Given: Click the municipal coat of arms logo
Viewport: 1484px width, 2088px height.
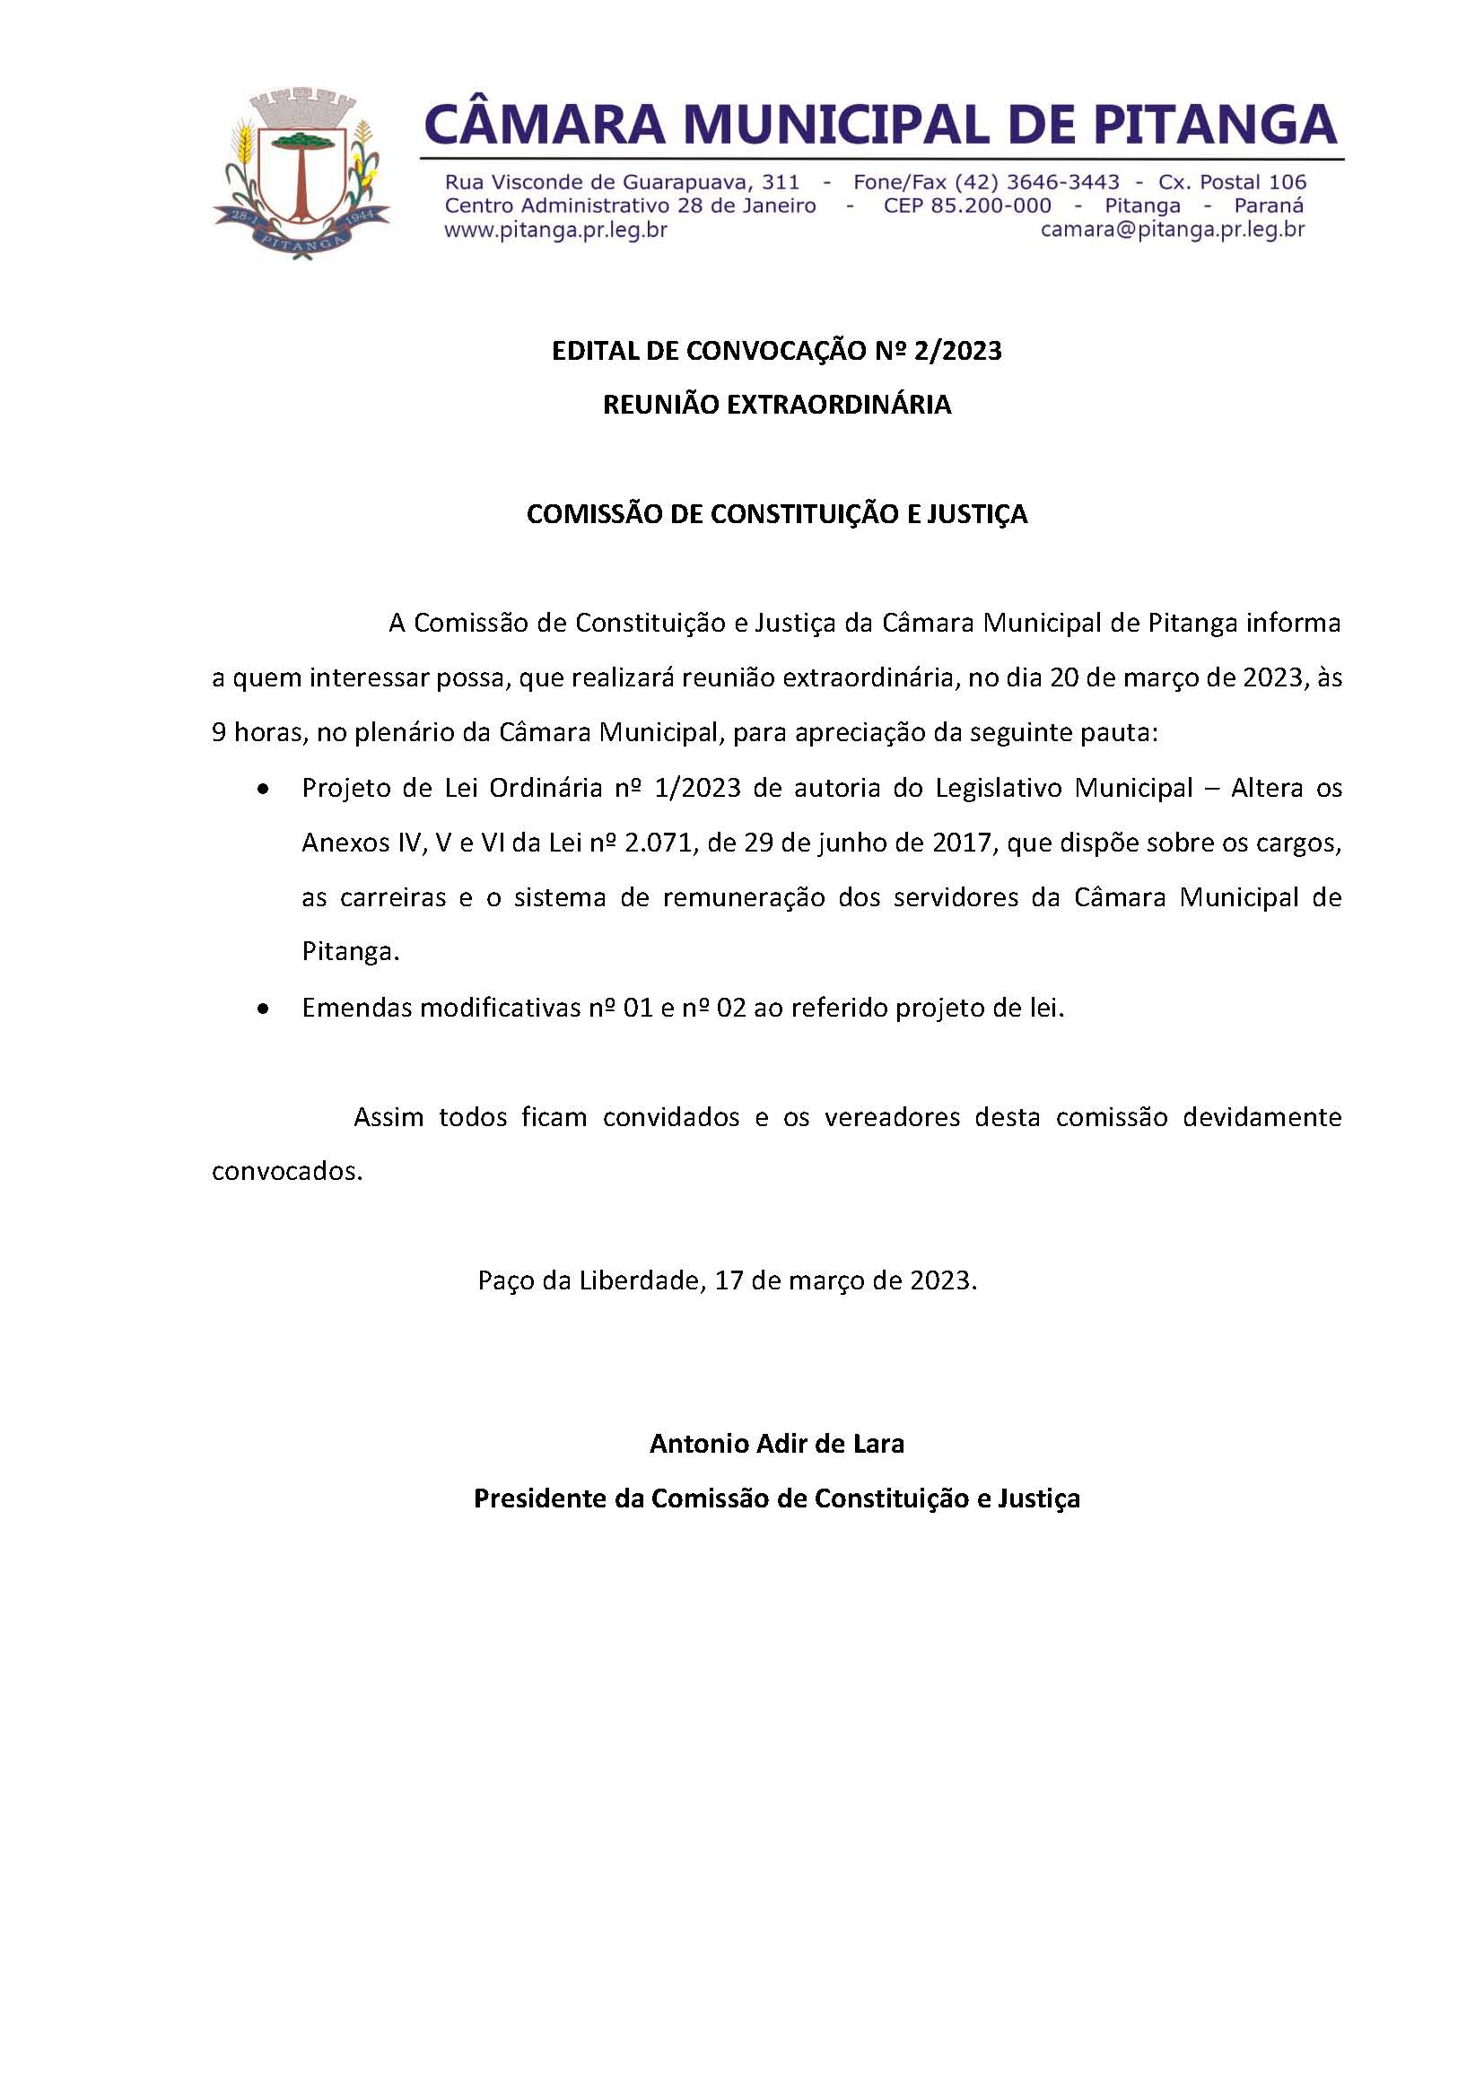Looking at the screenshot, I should [301, 173].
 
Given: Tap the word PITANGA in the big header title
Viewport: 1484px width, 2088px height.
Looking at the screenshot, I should [1216, 124].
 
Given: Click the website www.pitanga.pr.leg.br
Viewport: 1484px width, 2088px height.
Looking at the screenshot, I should [555, 230].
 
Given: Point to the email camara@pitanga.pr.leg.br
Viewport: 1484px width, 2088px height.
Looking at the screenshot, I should [1173, 230].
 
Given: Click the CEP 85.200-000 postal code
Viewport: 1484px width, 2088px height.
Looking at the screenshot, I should [967, 205].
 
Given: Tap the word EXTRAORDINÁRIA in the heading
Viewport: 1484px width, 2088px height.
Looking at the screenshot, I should [839, 405].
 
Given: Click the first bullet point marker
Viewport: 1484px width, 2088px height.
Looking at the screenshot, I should [264, 789].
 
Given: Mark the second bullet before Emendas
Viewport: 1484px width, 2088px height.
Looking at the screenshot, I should [264, 1009].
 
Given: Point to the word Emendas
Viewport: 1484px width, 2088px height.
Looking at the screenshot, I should [352, 1008].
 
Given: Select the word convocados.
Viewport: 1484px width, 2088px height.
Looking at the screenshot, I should [287, 1172].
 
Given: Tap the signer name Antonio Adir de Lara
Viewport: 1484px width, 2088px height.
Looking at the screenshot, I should [777, 1444].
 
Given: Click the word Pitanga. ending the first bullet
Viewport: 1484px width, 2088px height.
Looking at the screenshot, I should [351, 952].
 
